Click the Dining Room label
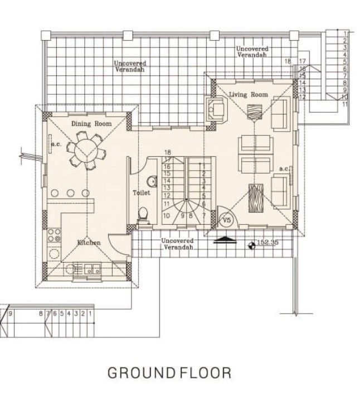tap(91, 123)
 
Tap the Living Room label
tap(248, 95)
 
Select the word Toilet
tap(141, 192)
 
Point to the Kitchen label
tap(89, 243)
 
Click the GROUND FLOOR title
tap(169, 373)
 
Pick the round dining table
tap(86, 150)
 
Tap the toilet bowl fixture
tap(143, 214)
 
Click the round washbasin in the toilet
tap(150, 181)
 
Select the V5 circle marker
tap(226, 220)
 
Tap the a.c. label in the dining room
tap(56, 144)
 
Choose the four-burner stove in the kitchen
tap(55, 235)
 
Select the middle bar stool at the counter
tap(71, 193)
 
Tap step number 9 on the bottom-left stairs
tap(11, 314)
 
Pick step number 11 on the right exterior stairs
tap(345, 104)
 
